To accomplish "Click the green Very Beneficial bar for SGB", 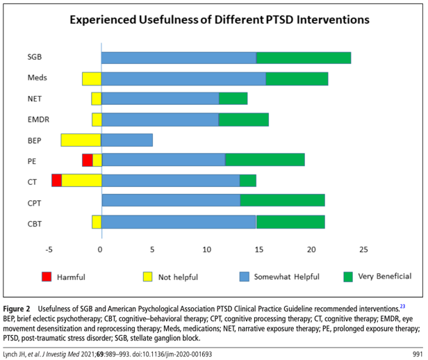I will point(303,58).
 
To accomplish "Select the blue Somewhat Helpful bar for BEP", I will point(126,140).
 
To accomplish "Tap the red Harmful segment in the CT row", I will point(56,181).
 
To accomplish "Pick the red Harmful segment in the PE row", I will point(87,160).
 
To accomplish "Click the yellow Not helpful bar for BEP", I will point(81,140).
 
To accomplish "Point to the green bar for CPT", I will point(282,201).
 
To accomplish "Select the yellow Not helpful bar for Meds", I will point(91,79).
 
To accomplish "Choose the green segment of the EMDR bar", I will point(243,120).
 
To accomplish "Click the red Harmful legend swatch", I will point(47,277).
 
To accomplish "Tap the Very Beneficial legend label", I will point(384,277).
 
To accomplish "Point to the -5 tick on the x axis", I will point(49,249).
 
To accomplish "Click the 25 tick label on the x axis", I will point(363,249).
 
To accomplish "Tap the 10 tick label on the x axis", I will point(206,249).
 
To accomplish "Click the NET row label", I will point(35,99).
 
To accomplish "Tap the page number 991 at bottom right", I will point(416,354).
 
